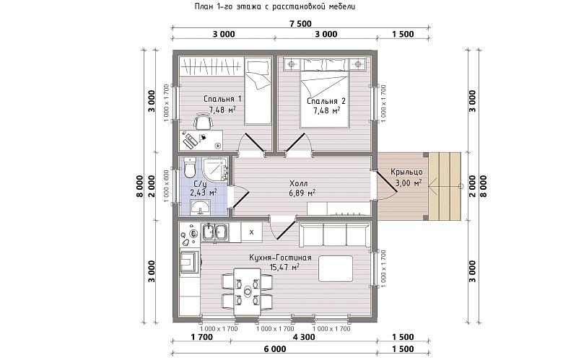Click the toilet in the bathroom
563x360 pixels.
(189, 168)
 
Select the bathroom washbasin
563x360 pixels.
(201, 207)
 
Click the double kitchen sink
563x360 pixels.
(214, 232)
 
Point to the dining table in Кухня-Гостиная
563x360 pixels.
(248, 291)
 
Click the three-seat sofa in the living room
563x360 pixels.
(334, 234)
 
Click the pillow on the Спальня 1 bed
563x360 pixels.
(258, 68)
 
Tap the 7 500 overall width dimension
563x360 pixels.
(300, 24)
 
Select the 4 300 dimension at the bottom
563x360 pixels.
(304, 337)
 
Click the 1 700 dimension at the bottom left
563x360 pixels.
(202, 337)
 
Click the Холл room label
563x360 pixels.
(299, 184)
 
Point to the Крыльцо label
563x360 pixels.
(406, 172)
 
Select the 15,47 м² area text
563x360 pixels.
(284, 267)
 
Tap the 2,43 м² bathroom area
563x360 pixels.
(204, 193)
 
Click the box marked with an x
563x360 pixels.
(251, 232)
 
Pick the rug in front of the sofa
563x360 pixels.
(336, 268)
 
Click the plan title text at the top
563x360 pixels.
(275, 6)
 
